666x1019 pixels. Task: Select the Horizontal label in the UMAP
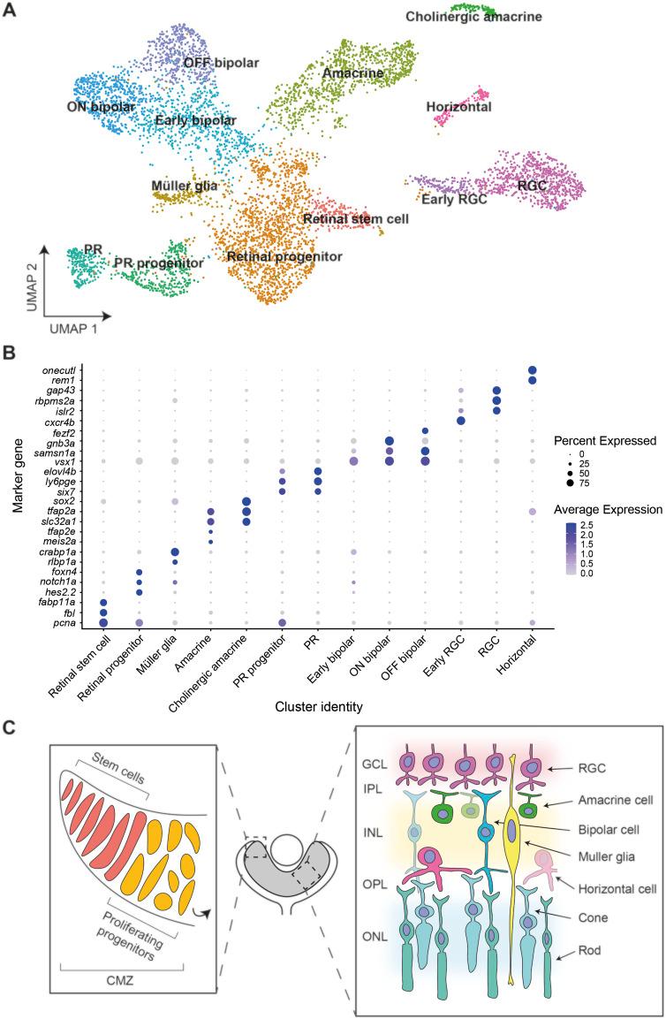tap(458, 108)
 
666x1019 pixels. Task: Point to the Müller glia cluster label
tap(185, 186)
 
